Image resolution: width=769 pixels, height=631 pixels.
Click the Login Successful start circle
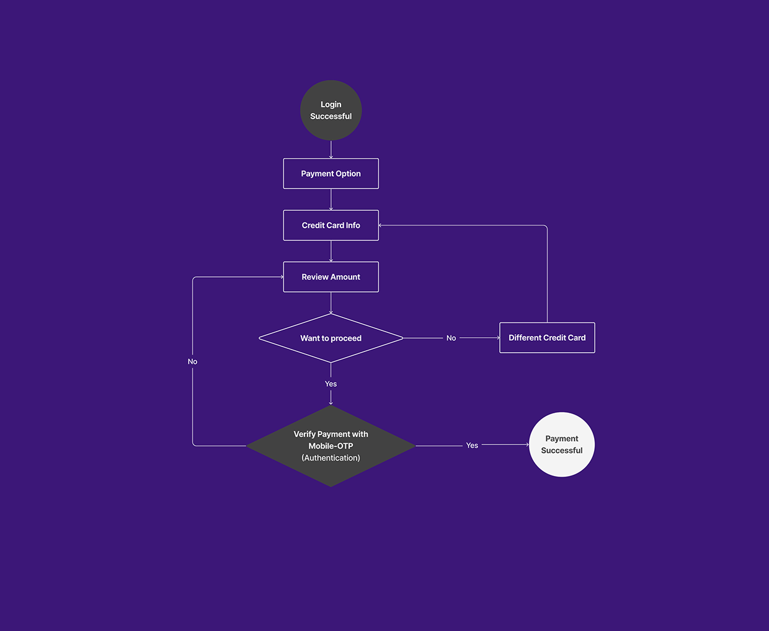(x=331, y=110)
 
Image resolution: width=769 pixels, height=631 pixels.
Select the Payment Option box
(x=331, y=174)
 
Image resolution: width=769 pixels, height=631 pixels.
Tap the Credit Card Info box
(x=331, y=225)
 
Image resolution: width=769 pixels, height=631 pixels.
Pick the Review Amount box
(x=331, y=276)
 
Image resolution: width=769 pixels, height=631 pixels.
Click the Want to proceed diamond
(x=331, y=338)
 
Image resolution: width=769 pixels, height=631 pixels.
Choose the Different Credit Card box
(x=547, y=338)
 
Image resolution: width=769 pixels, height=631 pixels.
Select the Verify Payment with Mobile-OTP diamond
(x=331, y=446)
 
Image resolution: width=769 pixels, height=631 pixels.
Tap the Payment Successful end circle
(x=562, y=444)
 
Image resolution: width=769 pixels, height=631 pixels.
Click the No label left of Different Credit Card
(x=451, y=338)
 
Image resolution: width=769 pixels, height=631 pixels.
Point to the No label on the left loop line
(x=192, y=361)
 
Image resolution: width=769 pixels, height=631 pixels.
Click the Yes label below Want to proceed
(x=331, y=384)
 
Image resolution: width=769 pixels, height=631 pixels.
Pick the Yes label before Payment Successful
(x=472, y=445)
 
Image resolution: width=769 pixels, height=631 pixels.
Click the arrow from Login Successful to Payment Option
(x=331, y=149)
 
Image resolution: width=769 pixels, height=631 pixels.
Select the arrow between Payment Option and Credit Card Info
(x=331, y=200)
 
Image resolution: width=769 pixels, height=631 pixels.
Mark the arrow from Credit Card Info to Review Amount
(x=331, y=251)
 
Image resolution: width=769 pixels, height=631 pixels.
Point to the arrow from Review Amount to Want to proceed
(x=331, y=303)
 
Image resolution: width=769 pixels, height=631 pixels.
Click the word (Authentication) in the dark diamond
(x=331, y=457)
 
